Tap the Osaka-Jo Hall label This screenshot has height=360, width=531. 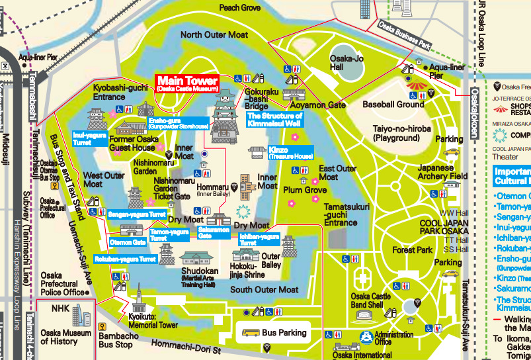(x=346, y=63)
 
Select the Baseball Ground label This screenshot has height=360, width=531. (x=393, y=105)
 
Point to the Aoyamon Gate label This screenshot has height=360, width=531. (x=318, y=105)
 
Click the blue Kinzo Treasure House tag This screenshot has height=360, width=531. (x=290, y=153)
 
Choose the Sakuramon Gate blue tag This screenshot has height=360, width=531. (x=214, y=232)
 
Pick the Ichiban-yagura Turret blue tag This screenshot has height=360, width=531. (x=259, y=239)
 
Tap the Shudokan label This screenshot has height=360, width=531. (x=200, y=271)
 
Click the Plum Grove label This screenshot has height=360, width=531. (x=306, y=190)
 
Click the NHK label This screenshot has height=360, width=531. (x=61, y=308)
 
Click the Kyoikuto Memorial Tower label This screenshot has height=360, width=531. (x=153, y=321)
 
